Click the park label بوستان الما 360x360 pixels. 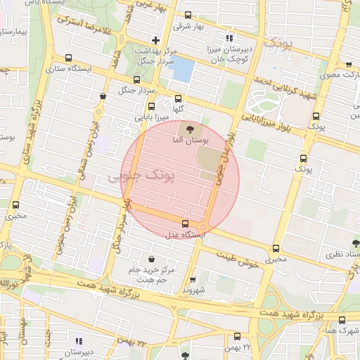(186, 140)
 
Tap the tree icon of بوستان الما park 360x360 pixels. (188, 129)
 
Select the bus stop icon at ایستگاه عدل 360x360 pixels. (186, 224)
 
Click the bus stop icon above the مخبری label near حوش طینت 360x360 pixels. (276, 248)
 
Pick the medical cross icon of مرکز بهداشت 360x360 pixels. (155, 40)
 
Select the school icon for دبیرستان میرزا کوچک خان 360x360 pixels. (230, 38)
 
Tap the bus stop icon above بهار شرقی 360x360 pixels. (187, 15)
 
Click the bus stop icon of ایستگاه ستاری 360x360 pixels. (68, 58)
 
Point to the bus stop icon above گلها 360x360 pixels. (178, 99)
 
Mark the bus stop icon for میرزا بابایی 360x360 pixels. (151, 106)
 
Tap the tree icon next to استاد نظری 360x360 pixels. (355, 243)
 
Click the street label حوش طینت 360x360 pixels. (235, 256)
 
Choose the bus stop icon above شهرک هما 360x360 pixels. (342, 320)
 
